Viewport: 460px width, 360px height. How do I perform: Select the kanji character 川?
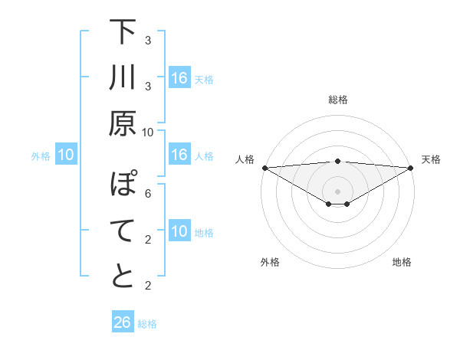[x=123, y=80]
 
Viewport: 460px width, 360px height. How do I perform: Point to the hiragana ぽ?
[x=123, y=185]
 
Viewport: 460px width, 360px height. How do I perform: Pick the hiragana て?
[x=123, y=231]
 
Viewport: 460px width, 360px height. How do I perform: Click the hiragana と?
[x=123, y=277]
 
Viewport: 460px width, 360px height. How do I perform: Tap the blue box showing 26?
[x=122, y=322]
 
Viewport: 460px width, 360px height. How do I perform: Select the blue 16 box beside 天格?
[x=179, y=78]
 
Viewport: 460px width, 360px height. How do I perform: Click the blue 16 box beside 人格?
[x=179, y=155]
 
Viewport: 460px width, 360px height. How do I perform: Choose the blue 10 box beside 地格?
[x=179, y=231]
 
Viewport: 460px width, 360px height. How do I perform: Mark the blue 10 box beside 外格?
[x=66, y=155]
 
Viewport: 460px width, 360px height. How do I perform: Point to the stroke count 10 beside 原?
[x=148, y=133]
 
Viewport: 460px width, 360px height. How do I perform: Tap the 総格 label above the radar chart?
[x=338, y=100]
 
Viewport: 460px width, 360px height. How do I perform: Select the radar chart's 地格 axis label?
[x=402, y=262]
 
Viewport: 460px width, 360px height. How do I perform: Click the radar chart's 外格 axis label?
[x=270, y=262]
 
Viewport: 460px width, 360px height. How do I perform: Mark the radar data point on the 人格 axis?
[x=264, y=167]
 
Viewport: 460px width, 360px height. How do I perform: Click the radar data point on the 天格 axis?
[x=411, y=167]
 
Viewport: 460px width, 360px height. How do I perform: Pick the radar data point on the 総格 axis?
[x=338, y=161]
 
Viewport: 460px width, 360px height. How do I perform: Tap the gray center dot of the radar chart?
[x=338, y=191]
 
